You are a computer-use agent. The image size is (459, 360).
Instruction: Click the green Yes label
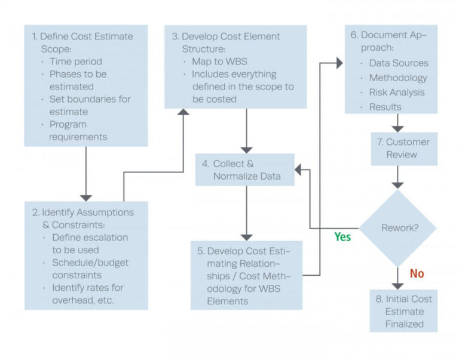(x=342, y=237)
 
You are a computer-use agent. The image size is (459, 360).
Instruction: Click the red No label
(x=417, y=273)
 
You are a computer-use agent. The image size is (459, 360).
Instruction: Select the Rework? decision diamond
(x=397, y=228)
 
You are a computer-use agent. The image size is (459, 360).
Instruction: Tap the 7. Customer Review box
(x=404, y=148)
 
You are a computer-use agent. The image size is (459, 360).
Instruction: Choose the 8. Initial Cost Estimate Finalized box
(x=404, y=311)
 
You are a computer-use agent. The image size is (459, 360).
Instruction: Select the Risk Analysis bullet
(x=396, y=92)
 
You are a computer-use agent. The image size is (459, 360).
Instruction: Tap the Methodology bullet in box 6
(x=397, y=78)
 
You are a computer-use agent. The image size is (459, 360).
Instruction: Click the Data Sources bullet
(x=398, y=63)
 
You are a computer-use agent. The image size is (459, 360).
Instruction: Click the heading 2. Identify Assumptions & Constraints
(x=82, y=219)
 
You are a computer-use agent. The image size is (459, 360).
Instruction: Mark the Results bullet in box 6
(x=385, y=106)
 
